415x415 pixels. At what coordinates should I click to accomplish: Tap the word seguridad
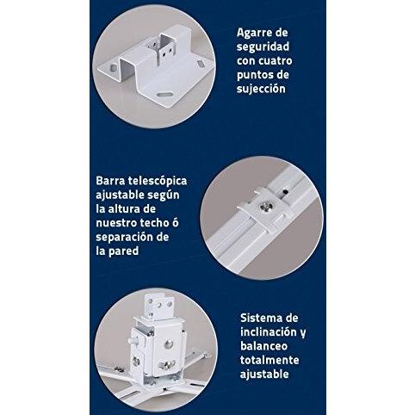point(263,46)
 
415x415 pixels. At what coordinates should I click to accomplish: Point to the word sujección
point(261,89)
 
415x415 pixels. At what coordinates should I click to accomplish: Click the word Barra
point(110,181)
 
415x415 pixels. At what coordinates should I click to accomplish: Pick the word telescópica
point(158,182)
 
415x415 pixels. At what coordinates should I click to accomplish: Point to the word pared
point(124,251)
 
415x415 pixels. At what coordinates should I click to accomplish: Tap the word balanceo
point(263,346)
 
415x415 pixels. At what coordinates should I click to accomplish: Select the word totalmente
point(269,360)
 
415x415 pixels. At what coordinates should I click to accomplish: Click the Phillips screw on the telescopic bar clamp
point(264,207)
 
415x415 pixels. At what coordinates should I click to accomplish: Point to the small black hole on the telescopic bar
point(285,190)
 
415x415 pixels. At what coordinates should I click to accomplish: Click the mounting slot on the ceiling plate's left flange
point(114,68)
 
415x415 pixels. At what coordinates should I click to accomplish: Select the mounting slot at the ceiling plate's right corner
point(201,61)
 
